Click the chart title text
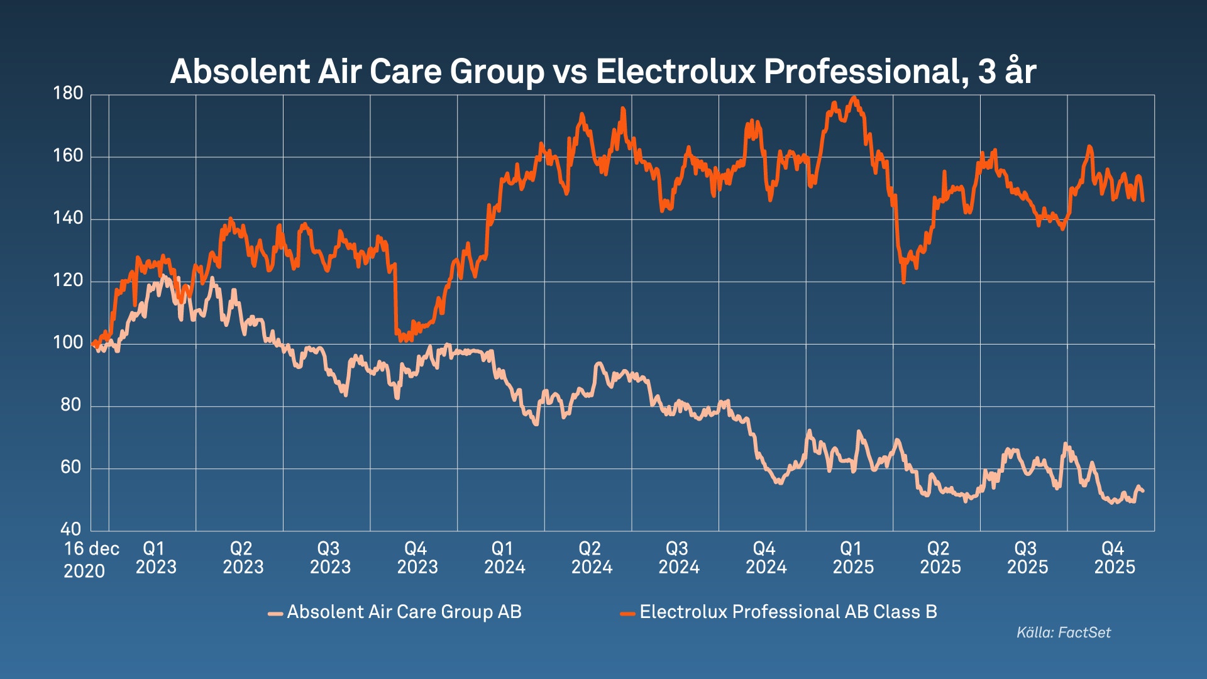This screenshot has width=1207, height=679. click(602, 71)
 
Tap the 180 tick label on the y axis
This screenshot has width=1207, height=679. click(68, 94)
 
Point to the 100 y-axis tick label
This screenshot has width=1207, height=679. click(68, 343)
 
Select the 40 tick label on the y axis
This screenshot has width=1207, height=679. click(71, 529)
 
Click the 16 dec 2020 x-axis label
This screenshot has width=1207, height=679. click(91, 560)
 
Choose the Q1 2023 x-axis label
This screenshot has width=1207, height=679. click(156, 558)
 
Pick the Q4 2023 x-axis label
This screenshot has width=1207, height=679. click(417, 558)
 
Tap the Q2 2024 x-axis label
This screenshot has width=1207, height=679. click(592, 558)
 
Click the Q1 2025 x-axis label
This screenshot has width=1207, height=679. click(853, 558)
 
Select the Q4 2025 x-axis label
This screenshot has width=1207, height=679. click(1115, 558)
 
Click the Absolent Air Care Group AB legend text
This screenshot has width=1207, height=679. click(404, 612)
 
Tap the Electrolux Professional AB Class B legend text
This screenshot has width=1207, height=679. click(788, 612)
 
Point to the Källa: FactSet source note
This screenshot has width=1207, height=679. click(1064, 632)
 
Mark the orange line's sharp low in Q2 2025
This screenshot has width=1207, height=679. click(903, 282)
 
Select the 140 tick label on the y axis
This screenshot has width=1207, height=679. click(68, 218)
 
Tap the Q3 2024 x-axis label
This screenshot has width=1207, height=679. click(679, 558)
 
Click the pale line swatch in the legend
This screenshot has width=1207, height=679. click(275, 613)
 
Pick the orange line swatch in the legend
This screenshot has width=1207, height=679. click(627, 613)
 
